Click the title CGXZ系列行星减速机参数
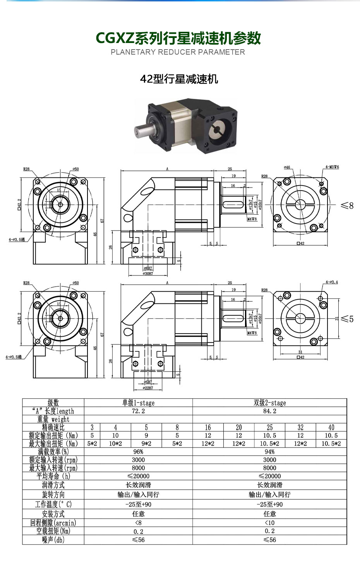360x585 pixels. pos(178,38)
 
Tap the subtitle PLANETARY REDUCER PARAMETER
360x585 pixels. pos(178,52)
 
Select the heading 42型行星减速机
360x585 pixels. pos(179,79)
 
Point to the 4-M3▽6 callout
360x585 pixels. pos(332,167)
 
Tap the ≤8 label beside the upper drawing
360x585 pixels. pos(347,205)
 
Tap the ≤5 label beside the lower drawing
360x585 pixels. pos(347,319)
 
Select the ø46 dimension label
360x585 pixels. pos(287,167)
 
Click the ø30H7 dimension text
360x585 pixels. pos(148,273)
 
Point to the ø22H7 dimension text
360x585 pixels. pos(148,387)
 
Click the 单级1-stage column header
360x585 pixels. pos(138,403)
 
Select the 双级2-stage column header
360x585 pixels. pos(269,403)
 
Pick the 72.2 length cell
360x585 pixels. pos(138,411)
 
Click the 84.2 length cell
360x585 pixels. pos(269,411)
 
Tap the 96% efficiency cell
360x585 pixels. pos(138,452)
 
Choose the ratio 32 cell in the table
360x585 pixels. pos(300,427)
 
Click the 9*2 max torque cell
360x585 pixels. pos(146,444)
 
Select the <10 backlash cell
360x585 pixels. pos(269,523)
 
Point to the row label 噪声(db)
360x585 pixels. pos(53,540)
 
